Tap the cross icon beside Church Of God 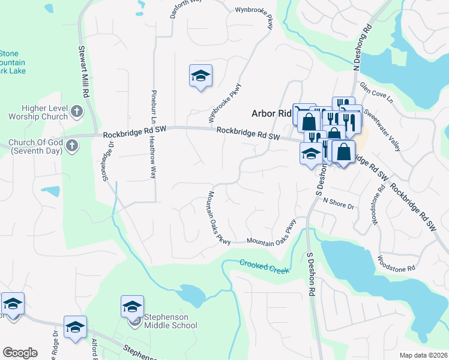71,145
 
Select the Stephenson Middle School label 167,321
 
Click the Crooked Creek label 264,266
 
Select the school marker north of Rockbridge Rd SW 200,76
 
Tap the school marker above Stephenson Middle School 132,307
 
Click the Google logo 20,353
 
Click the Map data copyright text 423,355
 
